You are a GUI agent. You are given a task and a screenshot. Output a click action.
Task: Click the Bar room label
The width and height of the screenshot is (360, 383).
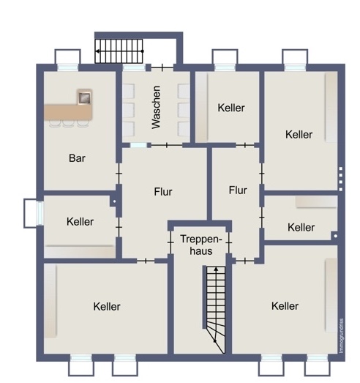pyautogui.click(x=78, y=157)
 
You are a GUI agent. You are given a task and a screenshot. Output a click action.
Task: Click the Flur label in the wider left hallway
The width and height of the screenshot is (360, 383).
pyautogui.click(x=163, y=192)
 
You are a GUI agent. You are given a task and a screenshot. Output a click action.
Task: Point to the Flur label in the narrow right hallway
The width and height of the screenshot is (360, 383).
pyautogui.click(x=238, y=190)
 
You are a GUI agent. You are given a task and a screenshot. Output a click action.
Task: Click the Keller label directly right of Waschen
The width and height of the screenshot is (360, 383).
pyautogui.click(x=231, y=108)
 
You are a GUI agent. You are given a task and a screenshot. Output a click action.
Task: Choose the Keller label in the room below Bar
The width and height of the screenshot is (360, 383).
pyautogui.click(x=80, y=221)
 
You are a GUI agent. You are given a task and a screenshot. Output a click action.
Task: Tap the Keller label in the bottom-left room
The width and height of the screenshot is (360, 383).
pyautogui.click(x=107, y=306)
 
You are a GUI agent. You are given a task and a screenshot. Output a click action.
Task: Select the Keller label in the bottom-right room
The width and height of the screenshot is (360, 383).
pyautogui.click(x=284, y=305)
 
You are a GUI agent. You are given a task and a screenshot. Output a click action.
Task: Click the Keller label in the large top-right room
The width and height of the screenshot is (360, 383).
pyautogui.click(x=299, y=134)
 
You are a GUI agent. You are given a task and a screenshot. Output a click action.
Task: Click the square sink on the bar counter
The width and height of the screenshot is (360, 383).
pyautogui.click(x=85, y=96)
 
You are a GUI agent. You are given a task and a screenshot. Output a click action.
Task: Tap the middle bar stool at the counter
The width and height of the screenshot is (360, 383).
pyautogui.click(x=67, y=124)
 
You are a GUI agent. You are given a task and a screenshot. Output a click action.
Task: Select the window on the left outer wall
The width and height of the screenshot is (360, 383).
pyautogui.click(x=30, y=213)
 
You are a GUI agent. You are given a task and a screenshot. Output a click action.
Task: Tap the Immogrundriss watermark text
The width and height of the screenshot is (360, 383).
pyautogui.click(x=342, y=336)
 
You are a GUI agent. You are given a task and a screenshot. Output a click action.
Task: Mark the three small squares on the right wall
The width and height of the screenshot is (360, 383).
pyautogui.click(x=341, y=176)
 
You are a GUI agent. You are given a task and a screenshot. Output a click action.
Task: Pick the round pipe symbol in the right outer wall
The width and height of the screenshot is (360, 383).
pyautogui.click(x=334, y=236)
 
